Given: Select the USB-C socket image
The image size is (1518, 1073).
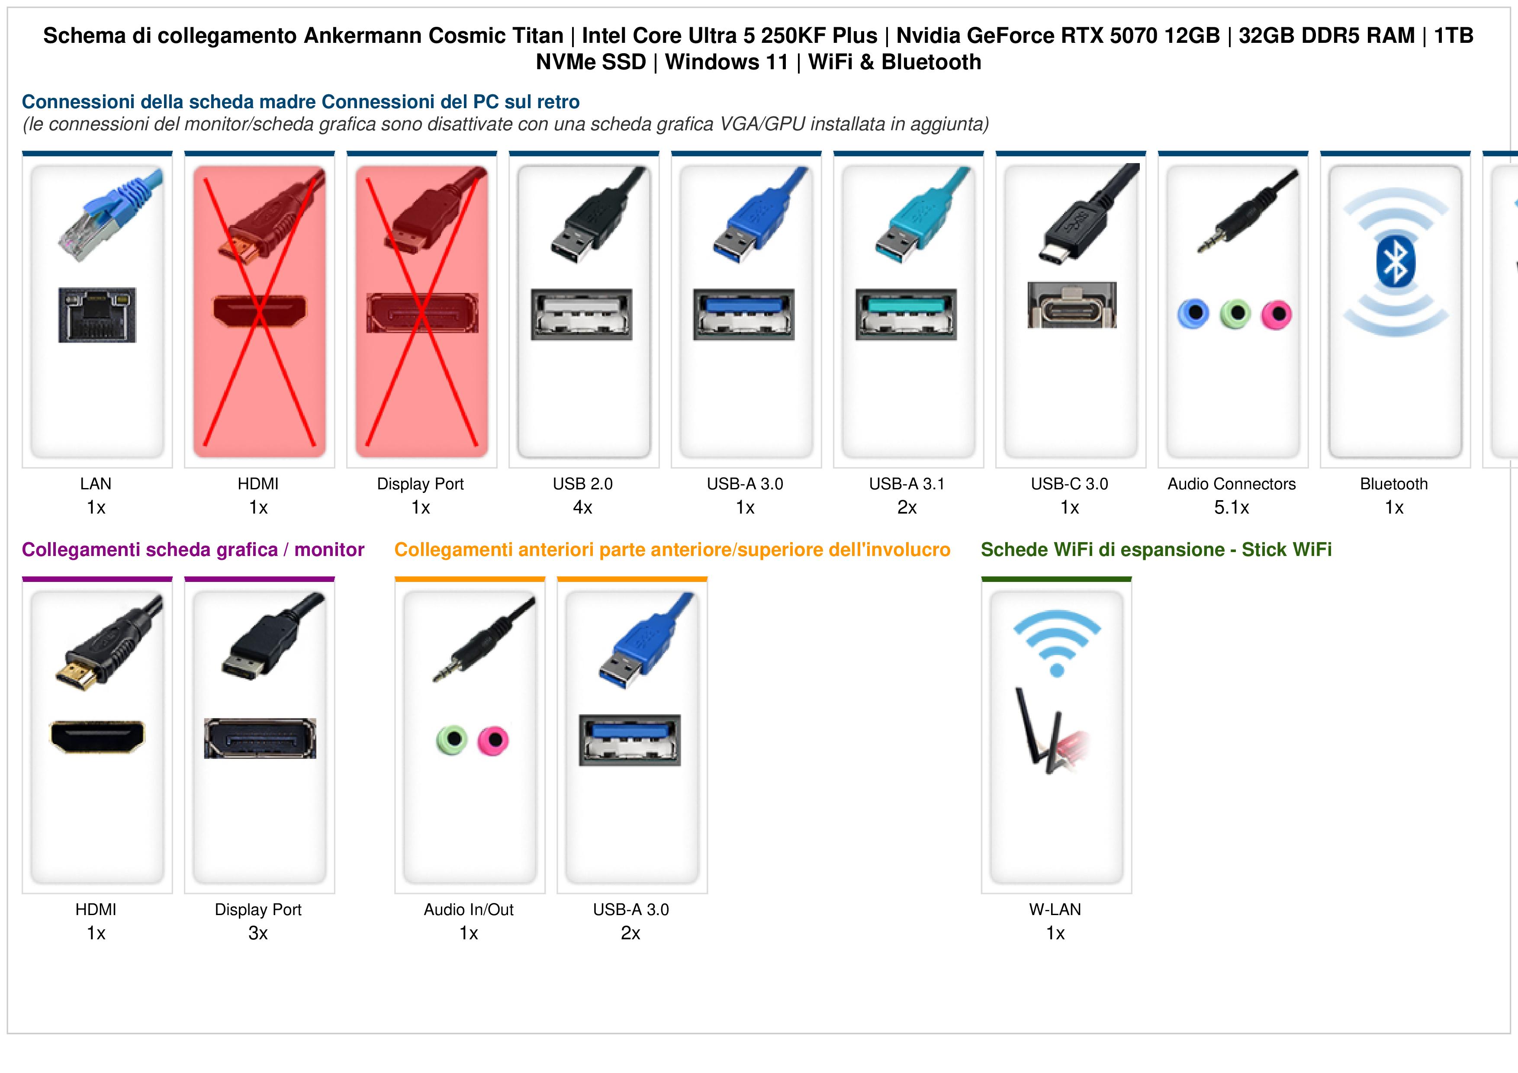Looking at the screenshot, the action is (x=1072, y=305).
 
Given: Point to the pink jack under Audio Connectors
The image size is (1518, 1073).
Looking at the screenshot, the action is (x=1277, y=314).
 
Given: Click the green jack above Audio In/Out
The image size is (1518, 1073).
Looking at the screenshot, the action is (x=452, y=740).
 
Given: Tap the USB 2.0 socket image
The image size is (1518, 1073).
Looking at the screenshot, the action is (x=582, y=314).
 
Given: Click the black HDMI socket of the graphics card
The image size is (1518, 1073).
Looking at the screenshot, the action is (x=97, y=736).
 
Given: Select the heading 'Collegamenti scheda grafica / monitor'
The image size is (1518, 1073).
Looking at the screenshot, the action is (x=193, y=549).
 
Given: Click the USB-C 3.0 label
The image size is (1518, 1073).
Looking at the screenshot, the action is (x=1070, y=484).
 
